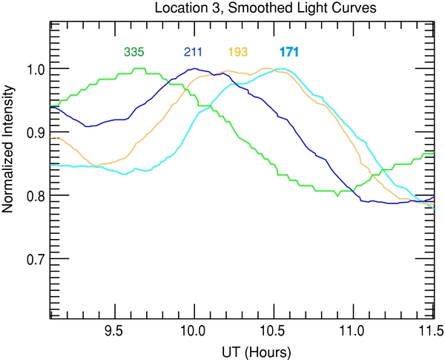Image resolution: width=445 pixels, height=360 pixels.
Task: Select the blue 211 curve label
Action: click(x=192, y=52)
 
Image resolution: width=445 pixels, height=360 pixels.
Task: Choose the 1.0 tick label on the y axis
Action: click(x=35, y=69)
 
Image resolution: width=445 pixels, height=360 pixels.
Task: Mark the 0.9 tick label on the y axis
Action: click(x=35, y=132)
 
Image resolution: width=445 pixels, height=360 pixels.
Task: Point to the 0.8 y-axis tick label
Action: click(x=35, y=195)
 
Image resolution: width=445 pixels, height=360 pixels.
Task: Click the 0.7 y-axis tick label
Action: click(x=35, y=259)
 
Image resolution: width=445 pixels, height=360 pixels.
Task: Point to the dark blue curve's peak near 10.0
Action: click(x=194, y=69)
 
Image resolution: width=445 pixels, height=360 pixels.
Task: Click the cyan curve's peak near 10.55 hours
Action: click(x=281, y=69)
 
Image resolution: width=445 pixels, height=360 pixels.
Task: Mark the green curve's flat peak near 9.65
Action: click(x=138, y=69)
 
